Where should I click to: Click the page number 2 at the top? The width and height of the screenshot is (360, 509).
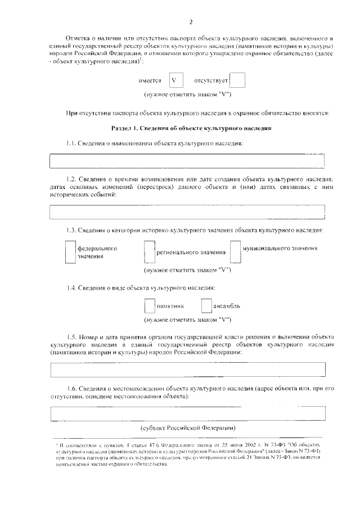click(191, 22)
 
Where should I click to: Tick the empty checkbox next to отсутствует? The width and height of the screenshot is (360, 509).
click(238, 80)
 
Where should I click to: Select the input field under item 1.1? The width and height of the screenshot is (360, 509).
click(187, 161)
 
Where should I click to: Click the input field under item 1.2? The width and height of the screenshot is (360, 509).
click(187, 212)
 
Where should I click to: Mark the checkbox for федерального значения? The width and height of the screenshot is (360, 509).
click(70, 252)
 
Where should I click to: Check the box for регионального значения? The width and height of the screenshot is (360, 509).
click(149, 252)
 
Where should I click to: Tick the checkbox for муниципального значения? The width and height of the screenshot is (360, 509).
click(236, 252)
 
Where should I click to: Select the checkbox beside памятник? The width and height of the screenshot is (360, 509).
click(149, 306)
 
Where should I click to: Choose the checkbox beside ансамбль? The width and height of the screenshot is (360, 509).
click(207, 306)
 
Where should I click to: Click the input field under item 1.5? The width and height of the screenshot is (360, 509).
click(187, 369)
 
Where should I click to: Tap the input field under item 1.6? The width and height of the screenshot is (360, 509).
click(187, 413)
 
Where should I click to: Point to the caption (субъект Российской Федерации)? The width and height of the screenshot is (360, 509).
click(188, 427)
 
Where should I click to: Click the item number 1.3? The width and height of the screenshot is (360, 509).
click(71, 230)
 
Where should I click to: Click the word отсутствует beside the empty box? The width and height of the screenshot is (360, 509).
click(210, 81)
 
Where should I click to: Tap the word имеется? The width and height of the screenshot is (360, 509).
click(150, 81)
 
